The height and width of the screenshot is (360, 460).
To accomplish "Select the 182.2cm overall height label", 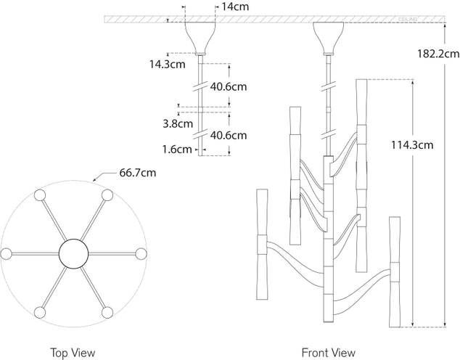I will coord(438,53).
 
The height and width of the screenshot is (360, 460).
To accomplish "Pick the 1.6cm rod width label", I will coord(177,150).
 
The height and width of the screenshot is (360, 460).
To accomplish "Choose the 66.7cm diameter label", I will coord(137,173).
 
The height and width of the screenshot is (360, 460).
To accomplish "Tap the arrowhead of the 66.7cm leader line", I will coord(94,180).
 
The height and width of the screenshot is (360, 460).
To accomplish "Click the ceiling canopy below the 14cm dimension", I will coord(200,39).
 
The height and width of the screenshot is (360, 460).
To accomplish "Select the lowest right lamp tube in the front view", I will coord(395,269).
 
